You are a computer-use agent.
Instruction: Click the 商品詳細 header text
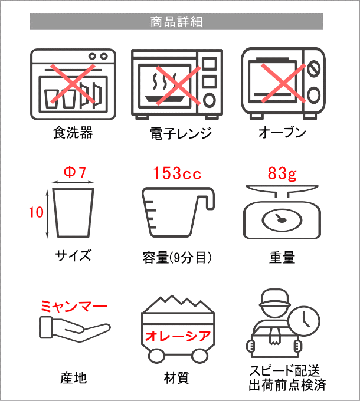(176, 22)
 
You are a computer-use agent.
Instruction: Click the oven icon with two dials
(283, 83)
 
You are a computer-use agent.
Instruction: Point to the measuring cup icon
(176, 213)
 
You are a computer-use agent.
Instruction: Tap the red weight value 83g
(282, 173)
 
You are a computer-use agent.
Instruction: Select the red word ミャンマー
(74, 307)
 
